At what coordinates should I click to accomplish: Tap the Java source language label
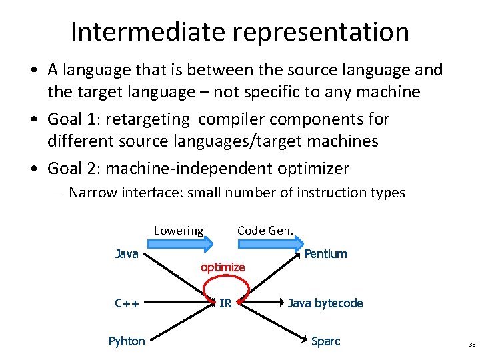point(127,253)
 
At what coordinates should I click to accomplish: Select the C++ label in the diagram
point(127,303)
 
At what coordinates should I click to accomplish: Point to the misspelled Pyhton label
point(127,341)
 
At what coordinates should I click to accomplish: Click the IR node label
point(225,303)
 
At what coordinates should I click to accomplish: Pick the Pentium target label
point(325,253)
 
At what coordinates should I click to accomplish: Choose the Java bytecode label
point(325,303)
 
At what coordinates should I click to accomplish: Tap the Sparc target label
point(325,341)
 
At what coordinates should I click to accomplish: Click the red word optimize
point(223,267)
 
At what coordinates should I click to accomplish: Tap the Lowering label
point(179,231)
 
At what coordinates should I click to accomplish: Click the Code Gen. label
point(265,231)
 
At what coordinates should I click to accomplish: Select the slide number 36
point(472,345)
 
